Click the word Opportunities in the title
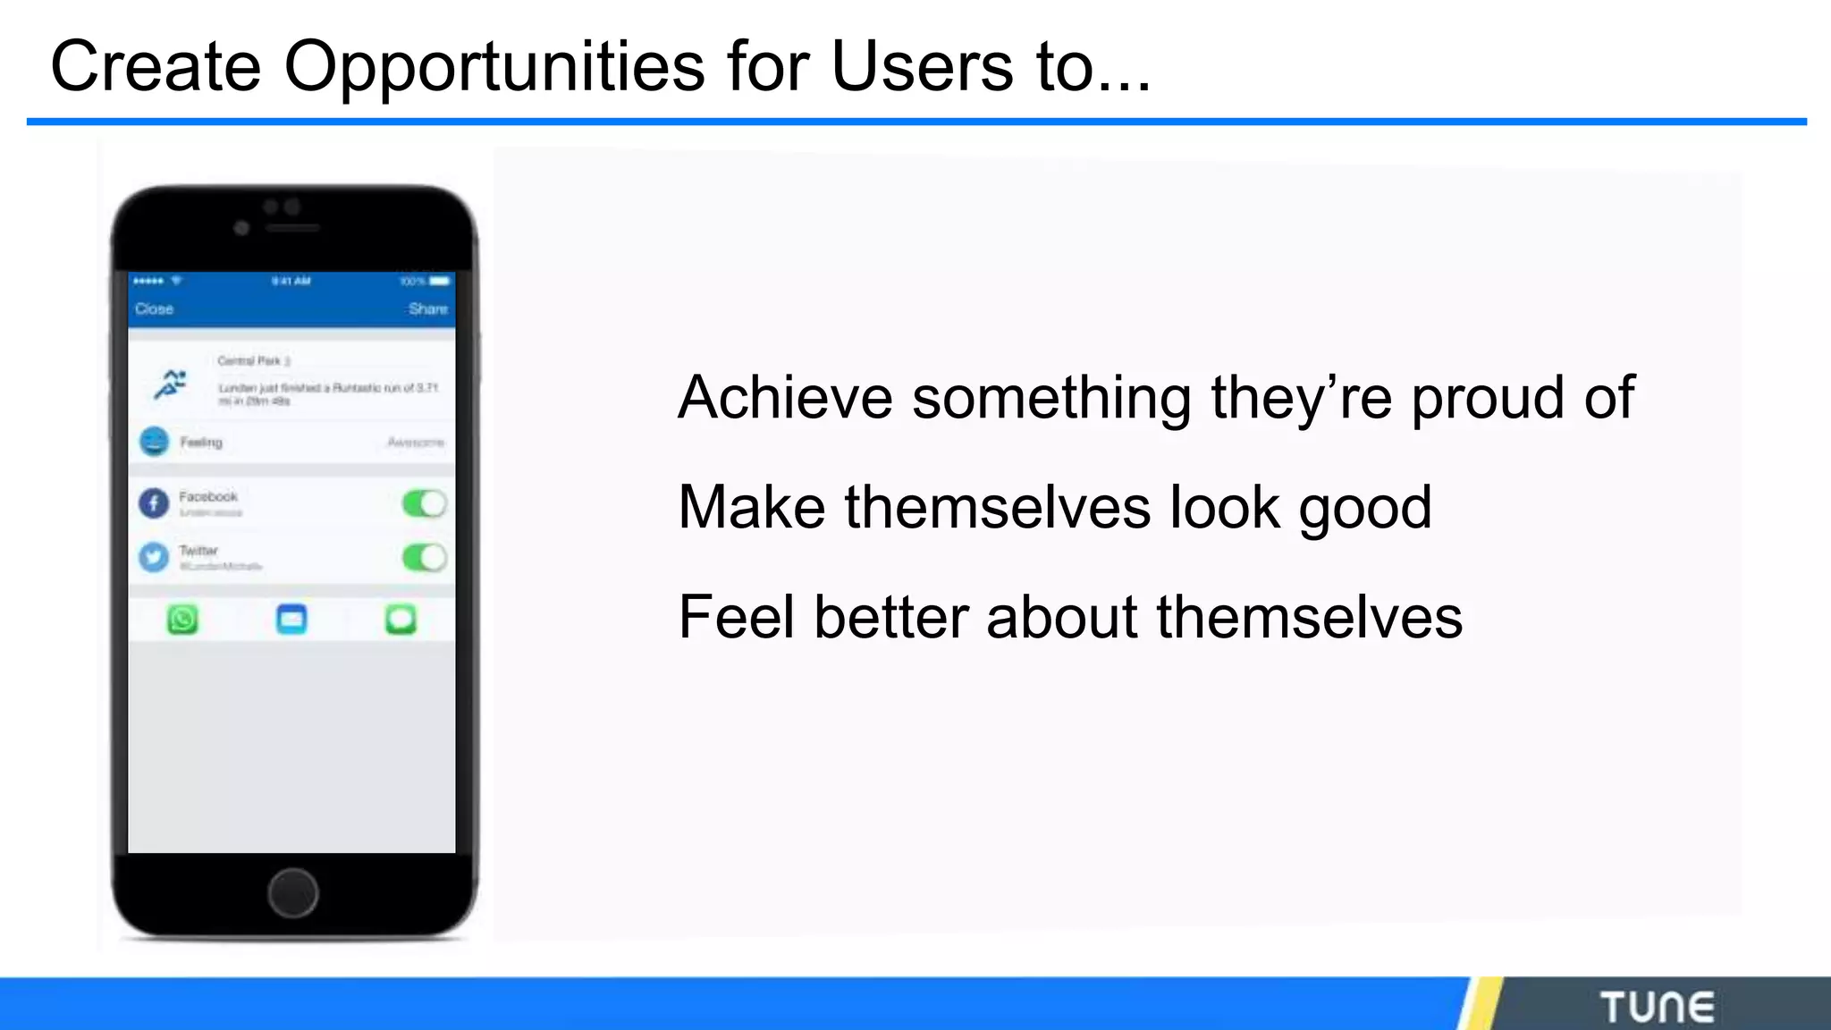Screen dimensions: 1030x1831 pos(494,68)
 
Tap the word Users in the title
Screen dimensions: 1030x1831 pos(922,66)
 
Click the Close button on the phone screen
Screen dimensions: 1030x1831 pos(154,309)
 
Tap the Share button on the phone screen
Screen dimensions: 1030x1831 pos(427,309)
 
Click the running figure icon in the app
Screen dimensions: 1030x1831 pos(170,384)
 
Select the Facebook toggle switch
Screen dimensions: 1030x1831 pos(424,504)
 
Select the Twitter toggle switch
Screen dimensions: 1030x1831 pos(424,558)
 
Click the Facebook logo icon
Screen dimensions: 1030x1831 pos(154,503)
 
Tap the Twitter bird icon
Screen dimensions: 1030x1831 pos(154,557)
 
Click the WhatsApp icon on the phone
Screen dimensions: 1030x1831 pos(183,619)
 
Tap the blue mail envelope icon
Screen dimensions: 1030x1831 pos(291,619)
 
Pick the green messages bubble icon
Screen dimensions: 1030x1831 pos(401,619)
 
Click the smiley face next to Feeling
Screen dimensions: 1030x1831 pos(154,442)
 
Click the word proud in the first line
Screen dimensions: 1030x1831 pos(1487,399)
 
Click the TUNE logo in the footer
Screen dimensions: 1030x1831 pos(1657,1007)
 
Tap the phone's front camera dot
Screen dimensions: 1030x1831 pos(241,228)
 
